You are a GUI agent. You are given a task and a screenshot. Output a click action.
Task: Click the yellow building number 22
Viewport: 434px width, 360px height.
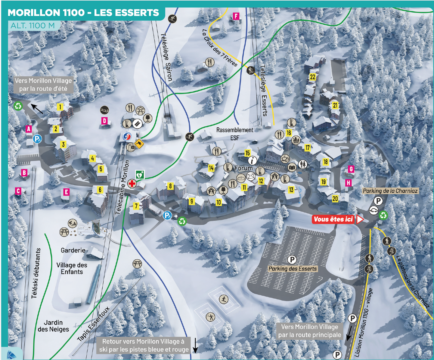tap(313, 77)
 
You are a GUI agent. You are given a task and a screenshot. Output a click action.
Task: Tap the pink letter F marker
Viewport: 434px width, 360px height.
tap(236, 16)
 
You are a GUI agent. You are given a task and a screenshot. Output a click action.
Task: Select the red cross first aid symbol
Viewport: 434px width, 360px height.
tap(132, 183)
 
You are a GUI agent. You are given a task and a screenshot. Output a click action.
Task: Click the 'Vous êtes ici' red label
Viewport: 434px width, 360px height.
tap(333, 219)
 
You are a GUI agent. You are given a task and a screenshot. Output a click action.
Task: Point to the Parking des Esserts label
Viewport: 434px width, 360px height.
tap(293, 269)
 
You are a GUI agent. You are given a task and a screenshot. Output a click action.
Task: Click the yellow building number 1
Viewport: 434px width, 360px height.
tap(60, 107)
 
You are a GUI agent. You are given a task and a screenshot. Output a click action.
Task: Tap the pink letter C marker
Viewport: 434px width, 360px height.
tap(18, 191)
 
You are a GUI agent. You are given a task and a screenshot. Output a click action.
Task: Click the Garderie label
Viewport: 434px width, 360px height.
tap(73, 250)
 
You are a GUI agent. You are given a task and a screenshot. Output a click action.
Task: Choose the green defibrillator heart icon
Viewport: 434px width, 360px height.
tap(140, 174)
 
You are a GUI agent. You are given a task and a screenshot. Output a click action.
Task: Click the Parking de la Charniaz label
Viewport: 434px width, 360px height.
tap(390, 191)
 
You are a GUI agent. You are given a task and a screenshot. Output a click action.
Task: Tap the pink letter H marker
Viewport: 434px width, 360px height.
tap(348, 183)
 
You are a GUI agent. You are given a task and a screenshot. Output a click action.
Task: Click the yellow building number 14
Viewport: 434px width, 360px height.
tap(211, 168)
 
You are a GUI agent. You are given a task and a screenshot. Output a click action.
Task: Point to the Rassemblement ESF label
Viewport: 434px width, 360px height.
tap(235, 134)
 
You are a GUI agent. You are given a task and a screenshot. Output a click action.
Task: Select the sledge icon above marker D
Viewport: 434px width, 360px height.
tap(104, 110)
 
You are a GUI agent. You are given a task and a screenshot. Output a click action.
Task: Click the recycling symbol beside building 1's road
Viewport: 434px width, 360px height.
tap(18, 106)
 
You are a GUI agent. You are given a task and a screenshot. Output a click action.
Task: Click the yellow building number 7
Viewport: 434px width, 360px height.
tap(136, 206)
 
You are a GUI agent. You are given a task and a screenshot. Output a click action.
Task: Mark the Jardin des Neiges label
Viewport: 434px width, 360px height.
tap(53, 326)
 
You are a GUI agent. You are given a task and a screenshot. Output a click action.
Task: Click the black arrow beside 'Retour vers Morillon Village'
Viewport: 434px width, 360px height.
tap(195, 346)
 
